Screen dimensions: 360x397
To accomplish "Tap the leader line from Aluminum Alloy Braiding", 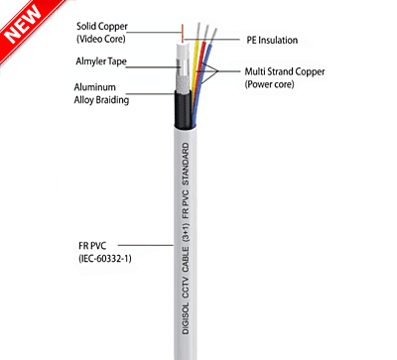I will [x=159, y=95].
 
